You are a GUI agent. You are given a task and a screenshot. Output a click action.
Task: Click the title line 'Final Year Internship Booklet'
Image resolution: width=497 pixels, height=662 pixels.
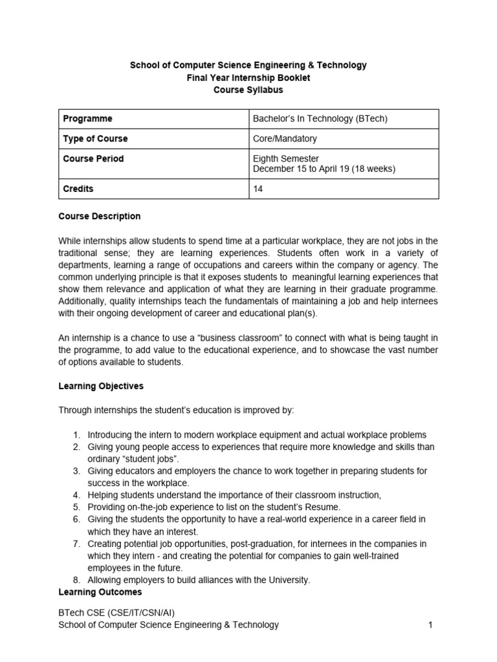pyautogui.click(x=248, y=78)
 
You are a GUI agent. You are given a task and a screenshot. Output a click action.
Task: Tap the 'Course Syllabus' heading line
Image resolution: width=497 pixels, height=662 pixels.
pyautogui.click(x=248, y=90)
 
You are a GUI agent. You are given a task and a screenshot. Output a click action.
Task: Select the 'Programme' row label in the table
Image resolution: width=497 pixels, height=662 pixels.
pyautogui.click(x=88, y=119)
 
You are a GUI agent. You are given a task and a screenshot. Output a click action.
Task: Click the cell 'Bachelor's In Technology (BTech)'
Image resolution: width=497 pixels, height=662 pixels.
pyautogui.click(x=320, y=119)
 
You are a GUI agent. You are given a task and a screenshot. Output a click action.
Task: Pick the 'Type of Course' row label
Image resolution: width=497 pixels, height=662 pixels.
pyautogui.click(x=95, y=138)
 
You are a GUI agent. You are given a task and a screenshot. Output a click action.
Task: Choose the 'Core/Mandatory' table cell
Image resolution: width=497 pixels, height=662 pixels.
pyautogui.click(x=285, y=138)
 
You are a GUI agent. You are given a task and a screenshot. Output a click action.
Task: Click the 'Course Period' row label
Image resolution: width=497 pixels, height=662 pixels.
pyautogui.click(x=93, y=158)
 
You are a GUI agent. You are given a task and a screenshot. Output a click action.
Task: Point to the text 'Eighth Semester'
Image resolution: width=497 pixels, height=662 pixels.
pyautogui.click(x=285, y=158)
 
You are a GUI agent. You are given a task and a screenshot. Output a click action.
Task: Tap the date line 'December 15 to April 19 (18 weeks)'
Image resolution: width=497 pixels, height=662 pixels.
pyautogui.click(x=324, y=169)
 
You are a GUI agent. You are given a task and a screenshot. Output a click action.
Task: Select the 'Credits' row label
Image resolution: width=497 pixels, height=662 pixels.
pyautogui.click(x=78, y=189)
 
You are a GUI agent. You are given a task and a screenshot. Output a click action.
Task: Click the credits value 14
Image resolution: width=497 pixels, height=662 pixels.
pyautogui.click(x=258, y=189)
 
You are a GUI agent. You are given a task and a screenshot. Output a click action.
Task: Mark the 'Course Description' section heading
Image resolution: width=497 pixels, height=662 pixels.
pyautogui.click(x=100, y=216)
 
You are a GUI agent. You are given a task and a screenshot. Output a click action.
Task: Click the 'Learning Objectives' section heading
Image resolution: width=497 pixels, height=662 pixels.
pyautogui.click(x=101, y=386)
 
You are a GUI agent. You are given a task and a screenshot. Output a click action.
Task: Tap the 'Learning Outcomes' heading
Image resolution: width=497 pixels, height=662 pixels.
pyautogui.click(x=100, y=592)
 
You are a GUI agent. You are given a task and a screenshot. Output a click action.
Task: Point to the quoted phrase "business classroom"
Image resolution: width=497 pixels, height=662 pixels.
pyautogui.click(x=233, y=338)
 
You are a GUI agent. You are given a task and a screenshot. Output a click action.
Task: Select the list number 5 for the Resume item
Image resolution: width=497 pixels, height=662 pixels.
pyautogui.click(x=76, y=507)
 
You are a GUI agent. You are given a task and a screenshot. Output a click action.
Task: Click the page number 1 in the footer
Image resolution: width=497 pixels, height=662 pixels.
pyautogui.click(x=430, y=625)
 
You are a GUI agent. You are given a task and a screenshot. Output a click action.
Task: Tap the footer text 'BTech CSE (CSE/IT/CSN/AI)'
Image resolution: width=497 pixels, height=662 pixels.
pyautogui.click(x=116, y=612)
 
